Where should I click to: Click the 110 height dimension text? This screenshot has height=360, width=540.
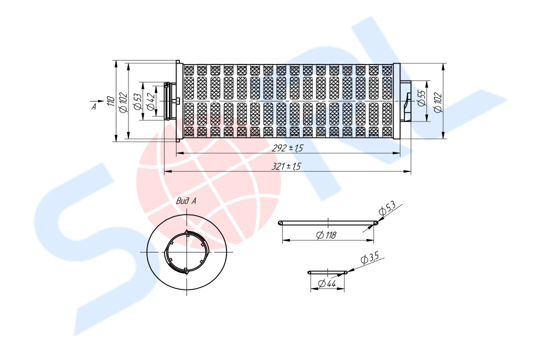tap(109, 101)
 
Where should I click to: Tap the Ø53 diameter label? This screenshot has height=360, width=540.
tap(137, 101)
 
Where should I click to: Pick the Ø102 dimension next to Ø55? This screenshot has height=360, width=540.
tap(438, 101)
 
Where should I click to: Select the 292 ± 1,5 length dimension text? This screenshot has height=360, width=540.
tap(287, 148)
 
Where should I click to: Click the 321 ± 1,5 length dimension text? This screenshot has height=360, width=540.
tap(286, 166)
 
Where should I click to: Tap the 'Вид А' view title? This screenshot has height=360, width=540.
tap(186, 201)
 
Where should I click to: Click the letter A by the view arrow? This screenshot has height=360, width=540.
tap(93, 106)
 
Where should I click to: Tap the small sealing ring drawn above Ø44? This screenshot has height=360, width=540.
tap(327, 272)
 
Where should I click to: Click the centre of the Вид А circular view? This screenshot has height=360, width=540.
tap(186, 252)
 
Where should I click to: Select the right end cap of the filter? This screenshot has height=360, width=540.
tap(396, 101)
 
